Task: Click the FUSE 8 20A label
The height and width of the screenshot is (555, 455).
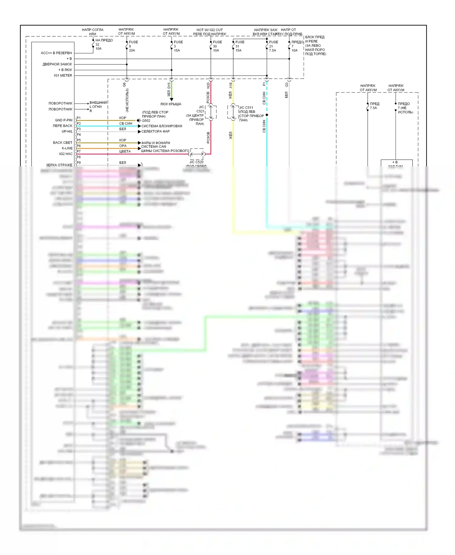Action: [x=133, y=46]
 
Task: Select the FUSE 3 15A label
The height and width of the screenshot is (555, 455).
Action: [x=178, y=46]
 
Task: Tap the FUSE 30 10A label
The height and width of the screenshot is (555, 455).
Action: [x=217, y=46]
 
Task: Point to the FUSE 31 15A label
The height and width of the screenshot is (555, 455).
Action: [x=240, y=46]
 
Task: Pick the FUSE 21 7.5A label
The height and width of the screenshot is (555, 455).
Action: [x=273, y=46]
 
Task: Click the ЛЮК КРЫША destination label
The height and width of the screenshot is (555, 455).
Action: [x=171, y=104]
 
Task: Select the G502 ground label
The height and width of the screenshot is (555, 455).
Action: [x=146, y=121]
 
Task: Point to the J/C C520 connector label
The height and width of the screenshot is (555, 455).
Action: [x=197, y=162]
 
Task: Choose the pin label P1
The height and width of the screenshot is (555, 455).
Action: [x=79, y=118]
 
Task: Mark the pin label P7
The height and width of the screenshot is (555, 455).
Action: [x=79, y=151]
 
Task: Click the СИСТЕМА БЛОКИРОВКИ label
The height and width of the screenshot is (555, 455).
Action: [x=162, y=126]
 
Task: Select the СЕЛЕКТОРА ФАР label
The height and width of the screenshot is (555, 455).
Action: [x=156, y=131]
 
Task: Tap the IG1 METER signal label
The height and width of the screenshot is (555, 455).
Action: [x=63, y=76]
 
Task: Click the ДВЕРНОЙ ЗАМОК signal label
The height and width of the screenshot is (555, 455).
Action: [x=57, y=64]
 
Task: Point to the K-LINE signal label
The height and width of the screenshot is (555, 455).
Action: [x=67, y=148]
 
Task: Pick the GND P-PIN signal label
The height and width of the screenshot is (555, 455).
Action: [x=64, y=120]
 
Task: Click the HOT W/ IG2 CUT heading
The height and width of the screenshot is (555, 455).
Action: [x=210, y=30]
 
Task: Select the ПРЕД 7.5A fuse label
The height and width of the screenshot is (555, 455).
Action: [x=374, y=106]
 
